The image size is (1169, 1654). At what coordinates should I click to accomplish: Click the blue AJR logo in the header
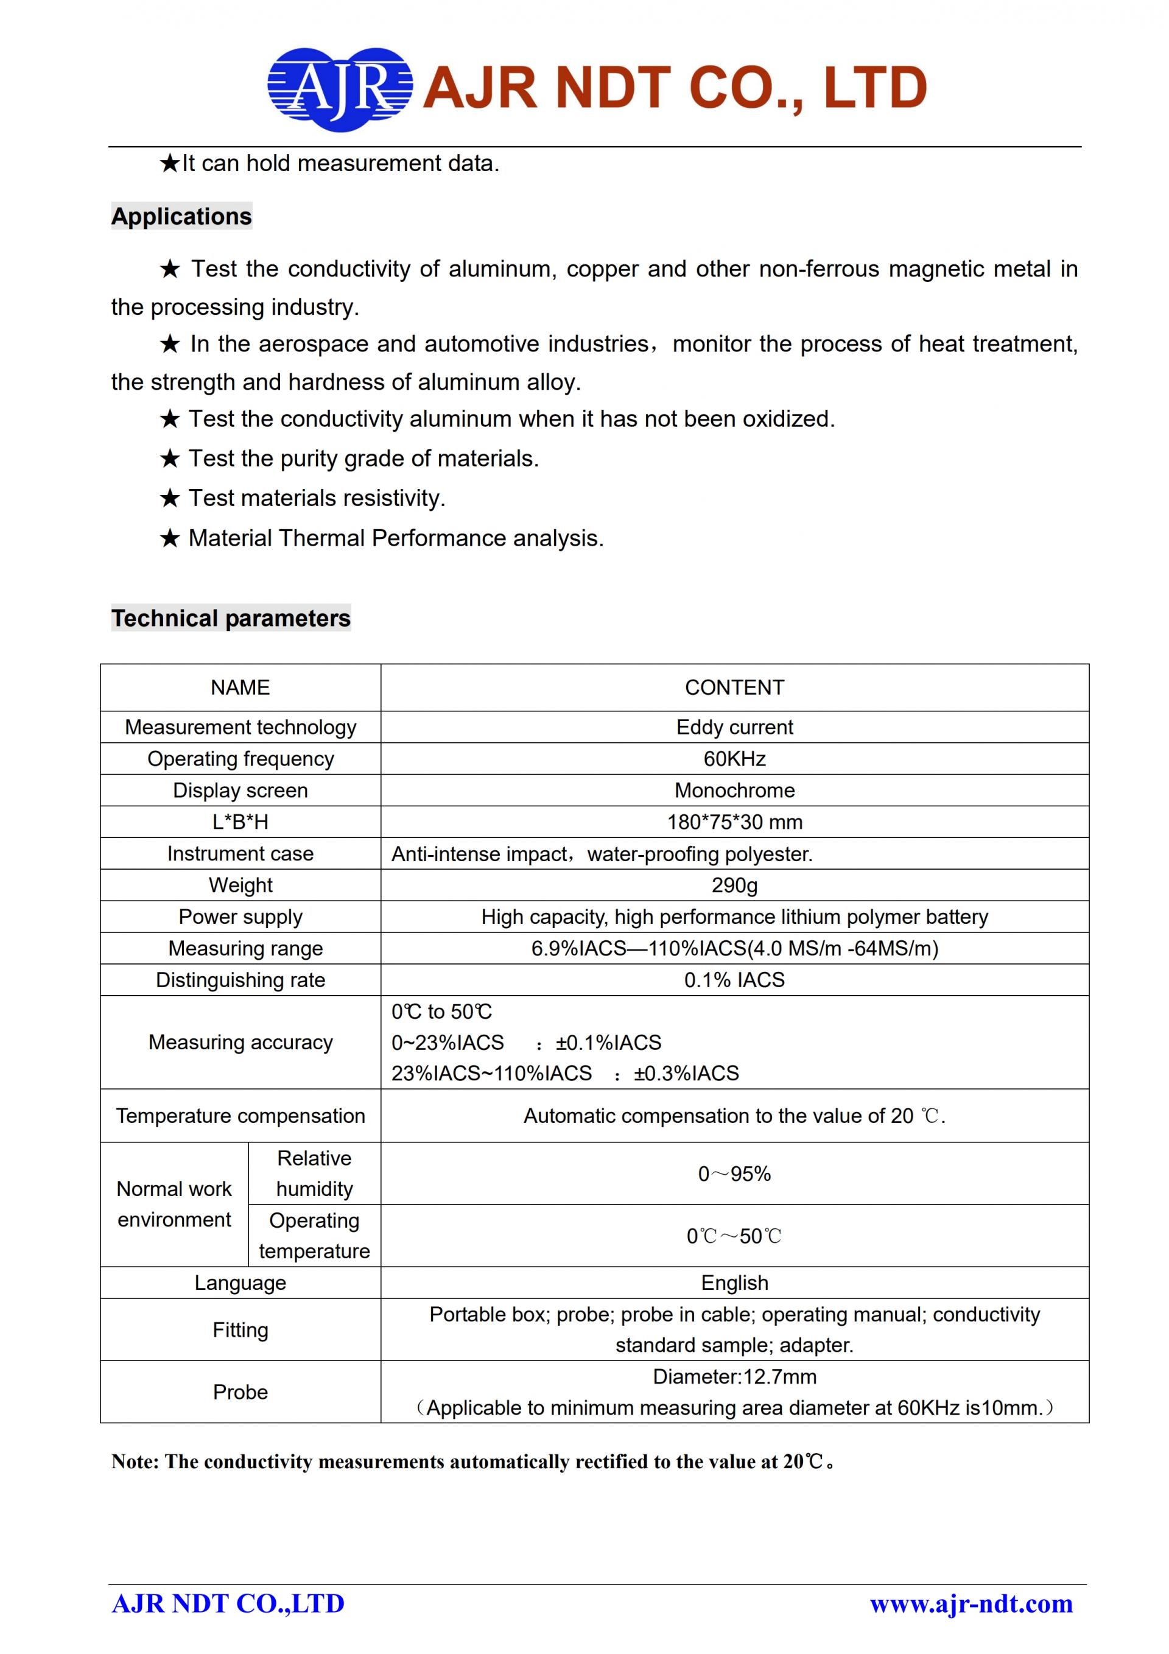tap(339, 90)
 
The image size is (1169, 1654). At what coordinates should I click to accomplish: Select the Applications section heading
tap(181, 216)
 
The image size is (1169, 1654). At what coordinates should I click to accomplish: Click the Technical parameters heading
tap(231, 618)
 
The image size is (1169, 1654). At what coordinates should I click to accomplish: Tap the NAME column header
tap(240, 688)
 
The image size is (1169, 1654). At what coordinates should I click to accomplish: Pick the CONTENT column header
tap(734, 688)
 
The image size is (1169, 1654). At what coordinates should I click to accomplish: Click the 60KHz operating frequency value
tap(734, 759)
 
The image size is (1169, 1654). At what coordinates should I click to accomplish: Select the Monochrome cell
tap(734, 790)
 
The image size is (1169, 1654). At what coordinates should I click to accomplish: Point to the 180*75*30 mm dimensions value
tap(734, 822)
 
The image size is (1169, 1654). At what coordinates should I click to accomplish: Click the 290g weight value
tap(734, 885)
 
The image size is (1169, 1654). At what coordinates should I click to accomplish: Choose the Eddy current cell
tap(734, 727)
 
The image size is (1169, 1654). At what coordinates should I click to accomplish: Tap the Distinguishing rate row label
tap(240, 980)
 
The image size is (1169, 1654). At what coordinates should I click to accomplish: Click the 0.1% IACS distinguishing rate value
tap(734, 980)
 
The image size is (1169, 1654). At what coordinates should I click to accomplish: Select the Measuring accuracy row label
tap(240, 1043)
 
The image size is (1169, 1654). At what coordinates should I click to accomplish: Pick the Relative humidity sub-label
tap(314, 1174)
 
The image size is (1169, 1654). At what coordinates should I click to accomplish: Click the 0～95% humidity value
tap(734, 1174)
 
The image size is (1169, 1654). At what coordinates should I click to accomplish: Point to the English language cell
tap(734, 1283)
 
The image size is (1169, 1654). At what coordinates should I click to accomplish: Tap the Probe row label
tap(240, 1392)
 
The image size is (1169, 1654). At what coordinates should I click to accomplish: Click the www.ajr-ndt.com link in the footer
tap(971, 1603)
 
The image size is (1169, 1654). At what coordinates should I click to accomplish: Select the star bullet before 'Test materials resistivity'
tap(169, 498)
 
